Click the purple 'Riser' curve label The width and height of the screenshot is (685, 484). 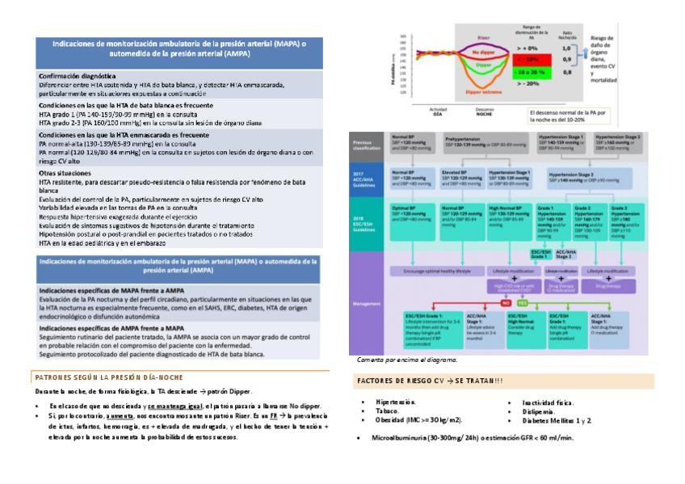pos(483,37)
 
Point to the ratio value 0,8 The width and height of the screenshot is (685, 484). pos(566,73)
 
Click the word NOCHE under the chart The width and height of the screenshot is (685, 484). pos(485,113)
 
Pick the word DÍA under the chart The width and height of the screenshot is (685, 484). pos(438,113)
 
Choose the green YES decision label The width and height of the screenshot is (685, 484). pos(523,303)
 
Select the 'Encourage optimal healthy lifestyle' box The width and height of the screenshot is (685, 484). pos(431,271)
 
